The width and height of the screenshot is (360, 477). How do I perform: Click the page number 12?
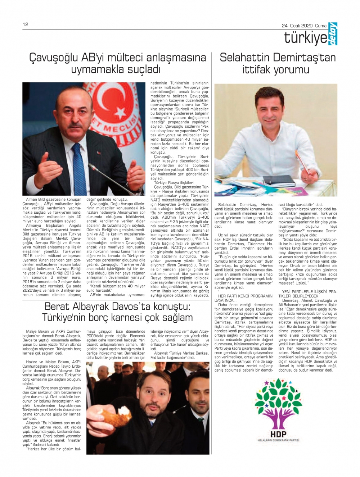pos(25,24)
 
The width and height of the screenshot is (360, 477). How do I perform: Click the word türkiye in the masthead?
pos(305,37)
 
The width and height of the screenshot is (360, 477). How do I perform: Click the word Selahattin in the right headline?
pos(245,58)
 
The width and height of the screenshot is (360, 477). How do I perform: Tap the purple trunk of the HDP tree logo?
pos(279,417)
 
